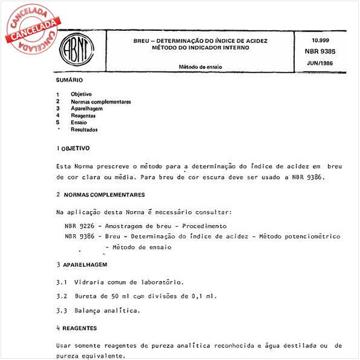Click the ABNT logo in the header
73,53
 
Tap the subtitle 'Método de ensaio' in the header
200,67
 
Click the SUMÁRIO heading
70,80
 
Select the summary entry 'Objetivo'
81,94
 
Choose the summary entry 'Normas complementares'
100,102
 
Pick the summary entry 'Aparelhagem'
87,108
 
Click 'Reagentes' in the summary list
83,115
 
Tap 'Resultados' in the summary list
84,129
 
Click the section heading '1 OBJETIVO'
73,148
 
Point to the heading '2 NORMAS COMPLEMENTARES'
100,195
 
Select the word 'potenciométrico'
311,236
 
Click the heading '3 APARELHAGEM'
82,265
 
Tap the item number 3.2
61,296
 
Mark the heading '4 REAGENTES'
76,328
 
